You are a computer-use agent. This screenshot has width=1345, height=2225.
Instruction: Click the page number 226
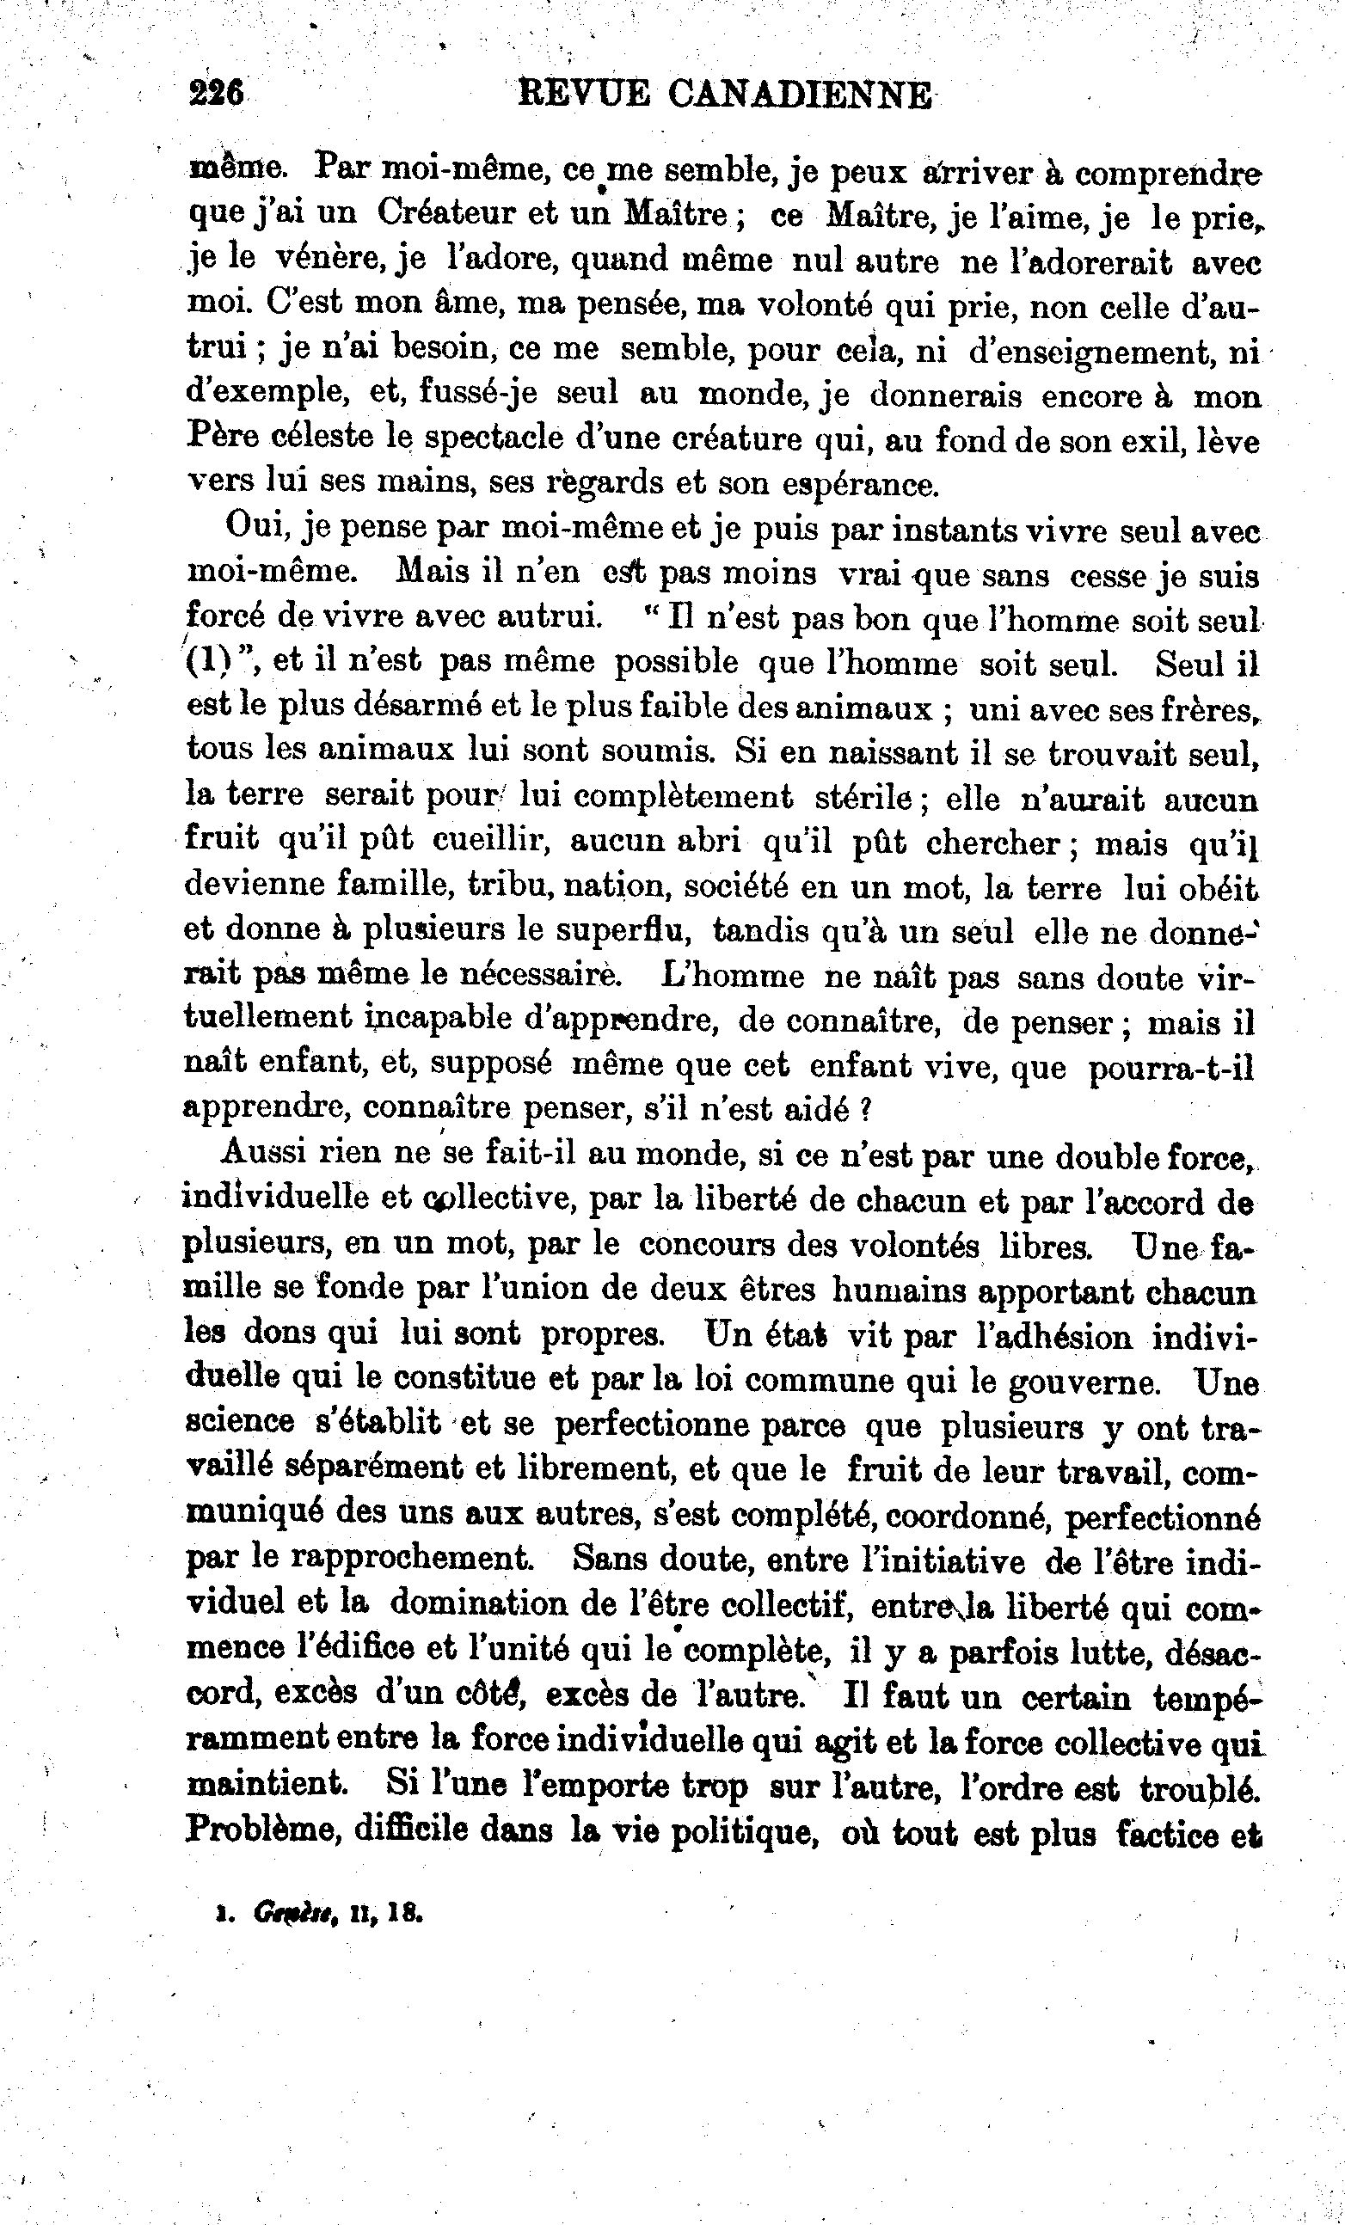217,93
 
